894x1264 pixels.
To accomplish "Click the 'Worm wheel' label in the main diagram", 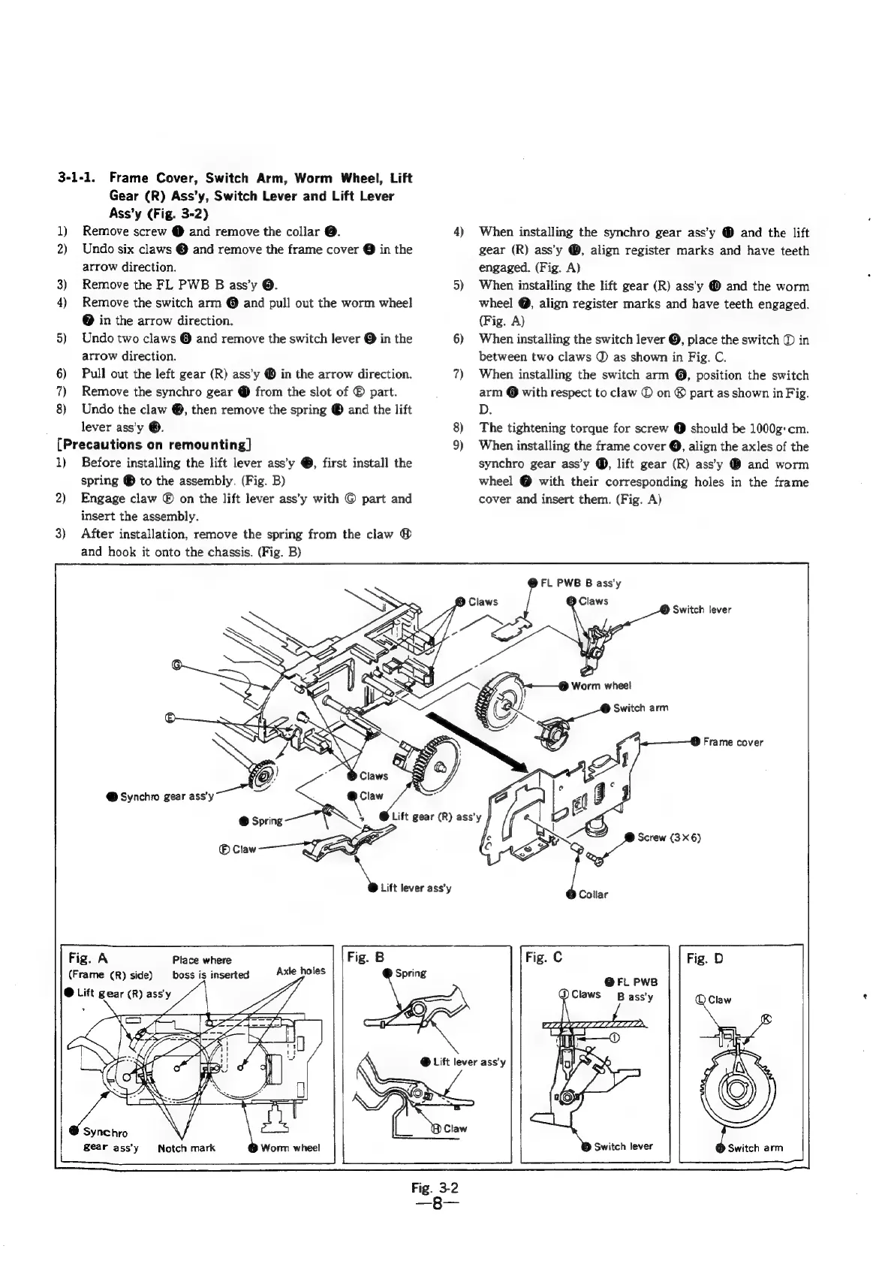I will [x=601, y=685].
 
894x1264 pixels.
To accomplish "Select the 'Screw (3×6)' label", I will [x=668, y=837].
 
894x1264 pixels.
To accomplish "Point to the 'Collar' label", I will [x=593, y=894].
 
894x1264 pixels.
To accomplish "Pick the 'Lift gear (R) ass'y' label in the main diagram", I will [x=434, y=817].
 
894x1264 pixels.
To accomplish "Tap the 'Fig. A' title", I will [x=89, y=958].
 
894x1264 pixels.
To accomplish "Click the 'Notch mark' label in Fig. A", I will [x=186, y=1148].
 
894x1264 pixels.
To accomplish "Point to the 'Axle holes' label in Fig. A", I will [x=300, y=970].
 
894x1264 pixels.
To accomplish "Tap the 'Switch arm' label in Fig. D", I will [x=754, y=1148].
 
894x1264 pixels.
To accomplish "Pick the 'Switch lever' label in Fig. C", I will [x=623, y=1146].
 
